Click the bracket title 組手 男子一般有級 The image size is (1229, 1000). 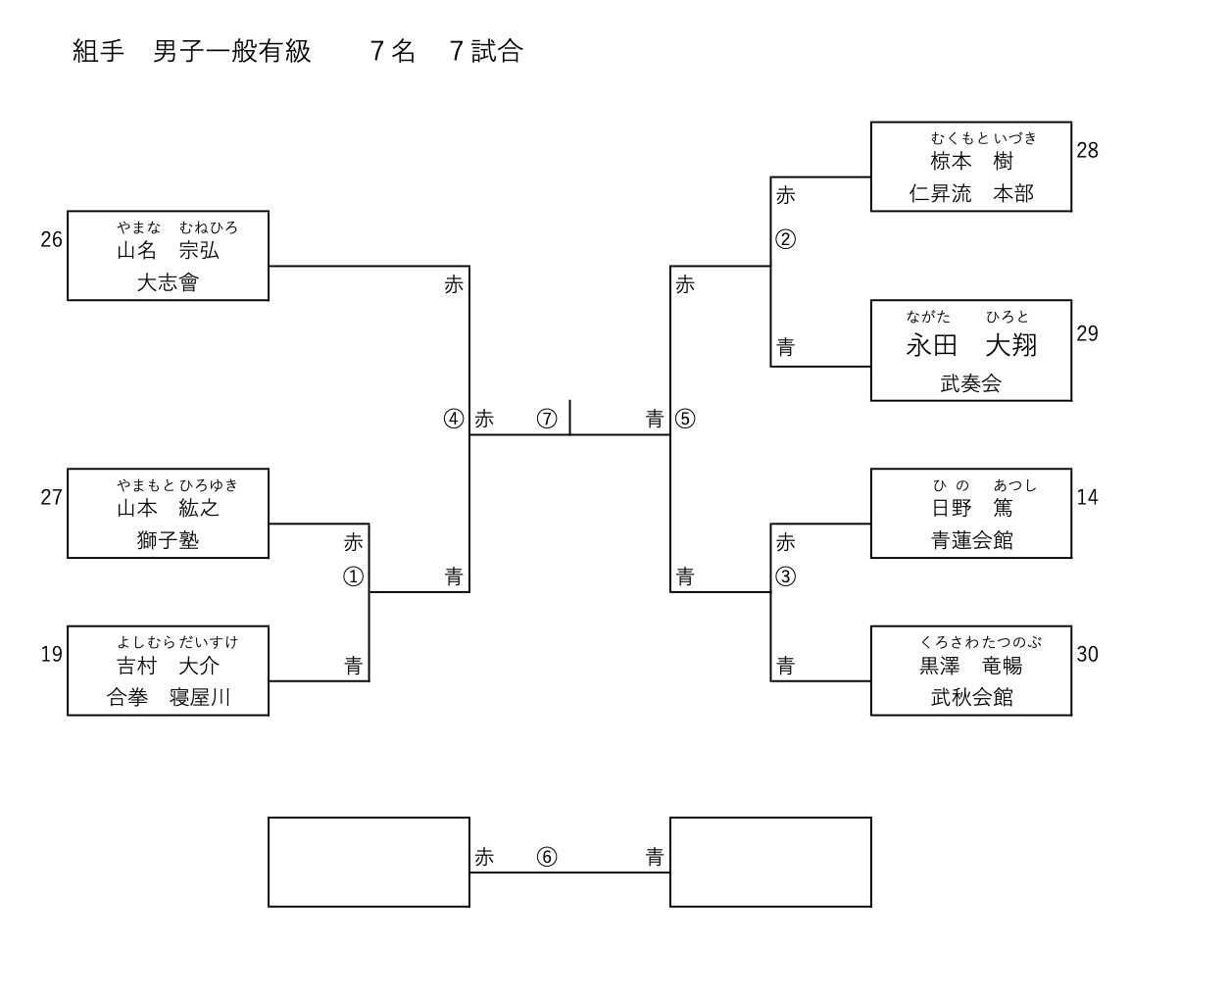[192, 51]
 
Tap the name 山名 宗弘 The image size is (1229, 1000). [168, 251]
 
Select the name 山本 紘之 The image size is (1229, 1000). [168, 508]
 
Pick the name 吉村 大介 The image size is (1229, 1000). [168, 666]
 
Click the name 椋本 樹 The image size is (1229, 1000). [971, 162]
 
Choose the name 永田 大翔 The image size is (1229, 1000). [971, 345]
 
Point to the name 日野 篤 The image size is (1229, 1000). [971, 508]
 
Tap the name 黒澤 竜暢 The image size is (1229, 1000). [971, 666]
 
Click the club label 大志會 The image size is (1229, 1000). [168, 283]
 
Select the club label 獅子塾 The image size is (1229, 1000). [168, 540]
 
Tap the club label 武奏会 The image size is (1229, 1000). [971, 384]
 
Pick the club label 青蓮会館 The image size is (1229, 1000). [971, 540]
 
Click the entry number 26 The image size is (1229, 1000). [51, 239]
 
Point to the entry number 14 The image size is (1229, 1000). [1087, 497]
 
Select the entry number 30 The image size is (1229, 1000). [1087, 654]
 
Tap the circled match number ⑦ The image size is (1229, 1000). [547, 420]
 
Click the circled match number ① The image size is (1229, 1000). [353, 576]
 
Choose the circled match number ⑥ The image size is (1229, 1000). [547, 857]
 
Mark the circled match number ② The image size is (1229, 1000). [785, 239]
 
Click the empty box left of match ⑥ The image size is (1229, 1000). [369, 862]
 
